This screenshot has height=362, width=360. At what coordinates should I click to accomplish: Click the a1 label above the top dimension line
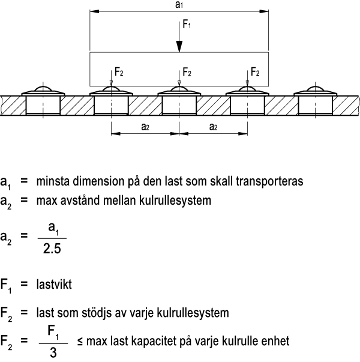(x=179, y=5)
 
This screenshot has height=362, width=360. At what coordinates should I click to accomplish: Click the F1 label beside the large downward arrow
(x=187, y=24)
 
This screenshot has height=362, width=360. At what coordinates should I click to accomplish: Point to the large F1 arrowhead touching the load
(x=179, y=47)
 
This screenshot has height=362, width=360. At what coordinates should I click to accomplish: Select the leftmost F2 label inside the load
(x=119, y=72)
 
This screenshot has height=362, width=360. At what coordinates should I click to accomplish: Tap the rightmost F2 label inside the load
(x=255, y=72)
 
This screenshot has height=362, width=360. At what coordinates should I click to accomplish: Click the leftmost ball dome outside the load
(x=43, y=89)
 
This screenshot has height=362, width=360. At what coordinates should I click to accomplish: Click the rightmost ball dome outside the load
(x=316, y=89)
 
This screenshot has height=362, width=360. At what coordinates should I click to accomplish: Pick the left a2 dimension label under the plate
(x=145, y=127)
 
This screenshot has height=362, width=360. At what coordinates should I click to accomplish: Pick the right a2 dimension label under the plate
(x=213, y=127)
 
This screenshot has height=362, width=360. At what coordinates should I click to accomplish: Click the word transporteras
(x=269, y=181)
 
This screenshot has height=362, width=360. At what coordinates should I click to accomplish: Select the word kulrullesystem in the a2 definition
(x=175, y=201)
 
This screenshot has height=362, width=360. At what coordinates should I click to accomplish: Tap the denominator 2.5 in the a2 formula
(x=52, y=249)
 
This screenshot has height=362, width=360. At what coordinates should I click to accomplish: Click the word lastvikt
(x=54, y=284)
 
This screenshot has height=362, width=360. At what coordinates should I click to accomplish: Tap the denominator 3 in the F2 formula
(x=53, y=352)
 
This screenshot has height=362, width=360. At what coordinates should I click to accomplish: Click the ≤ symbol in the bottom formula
(x=80, y=342)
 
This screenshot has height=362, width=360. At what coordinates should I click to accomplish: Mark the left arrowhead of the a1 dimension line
(x=94, y=11)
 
